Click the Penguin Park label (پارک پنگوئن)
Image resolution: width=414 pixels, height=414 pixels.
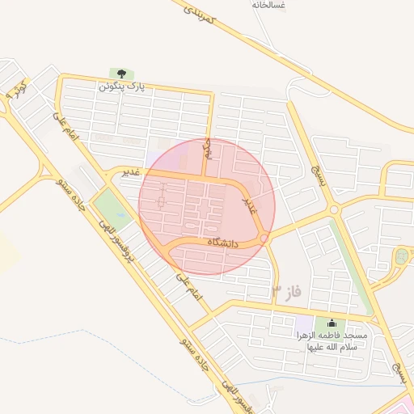pos(122,87)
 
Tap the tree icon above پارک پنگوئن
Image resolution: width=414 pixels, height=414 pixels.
pos(121,74)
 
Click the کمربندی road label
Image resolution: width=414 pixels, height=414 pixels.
pos(198,17)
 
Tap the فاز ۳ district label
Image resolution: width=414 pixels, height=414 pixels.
pos(286,291)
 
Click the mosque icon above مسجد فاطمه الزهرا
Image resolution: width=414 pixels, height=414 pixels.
pos(331,323)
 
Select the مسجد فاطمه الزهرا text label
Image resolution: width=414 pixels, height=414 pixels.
pos(332,340)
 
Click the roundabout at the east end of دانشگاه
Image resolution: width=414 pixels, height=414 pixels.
pos(264,239)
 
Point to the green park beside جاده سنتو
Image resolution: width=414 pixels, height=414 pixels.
pos(111,207)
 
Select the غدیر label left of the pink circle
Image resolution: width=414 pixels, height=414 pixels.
pos(129,171)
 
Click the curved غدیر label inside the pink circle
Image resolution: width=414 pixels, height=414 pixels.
pos(252,201)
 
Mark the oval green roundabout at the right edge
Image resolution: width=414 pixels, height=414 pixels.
pos(401,257)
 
